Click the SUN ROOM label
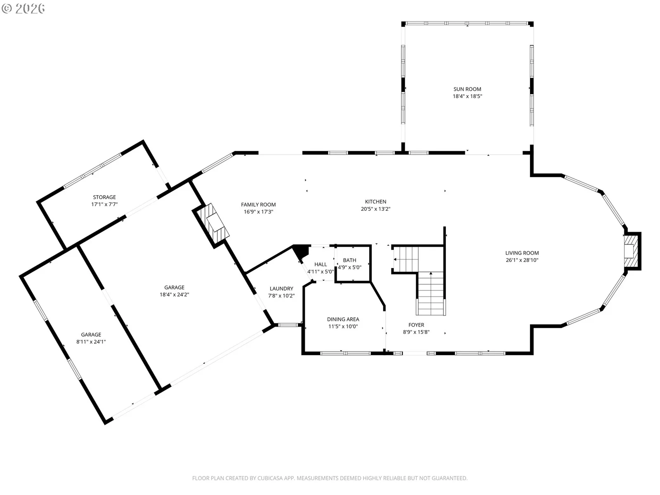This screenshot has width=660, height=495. pyautogui.click(x=467, y=89)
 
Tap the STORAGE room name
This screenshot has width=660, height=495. pyautogui.click(x=104, y=197)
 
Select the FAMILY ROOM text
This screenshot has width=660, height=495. pyautogui.click(x=258, y=205)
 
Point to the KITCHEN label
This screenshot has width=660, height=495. pyautogui.click(x=375, y=202)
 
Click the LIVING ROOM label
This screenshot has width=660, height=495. pyautogui.click(x=522, y=253)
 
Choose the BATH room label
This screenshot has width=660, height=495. pyautogui.click(x=349, y=260)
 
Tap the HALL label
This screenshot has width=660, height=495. pyautogui.click(x=321, y=264)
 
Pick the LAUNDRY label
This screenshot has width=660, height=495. pyautogui.click(x=281, y=288)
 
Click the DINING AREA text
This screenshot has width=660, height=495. pyautogui.click(x=343, y=319)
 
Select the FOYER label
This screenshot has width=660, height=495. pyautogui.click(x=416, y=325)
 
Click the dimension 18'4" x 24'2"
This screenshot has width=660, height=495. pyautogui.click(x=174, y=295)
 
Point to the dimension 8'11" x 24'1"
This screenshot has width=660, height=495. pyautogui.click(x=91, y=342)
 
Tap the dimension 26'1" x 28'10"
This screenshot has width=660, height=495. pyautogui.click(x=522, y=260)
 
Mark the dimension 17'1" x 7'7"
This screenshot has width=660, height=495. pyautogui.click(x=104, y=204)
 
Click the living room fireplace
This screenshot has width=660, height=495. pyautogui.click(x=632, y=251)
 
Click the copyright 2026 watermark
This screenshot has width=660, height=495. pyautogui.click(x=23, y=8)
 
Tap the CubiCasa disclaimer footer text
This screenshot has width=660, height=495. pyautogui.click(x=330, y=478)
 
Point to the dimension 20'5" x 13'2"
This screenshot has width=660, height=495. pyautogui.click(x=375, y=209)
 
